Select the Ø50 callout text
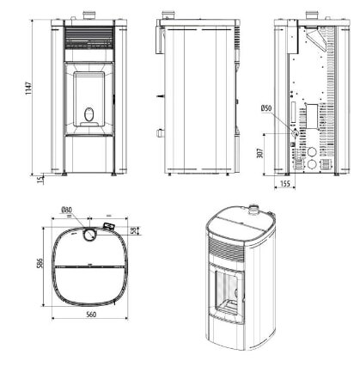coord(265,108)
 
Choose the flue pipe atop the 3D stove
coord(254,209)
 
